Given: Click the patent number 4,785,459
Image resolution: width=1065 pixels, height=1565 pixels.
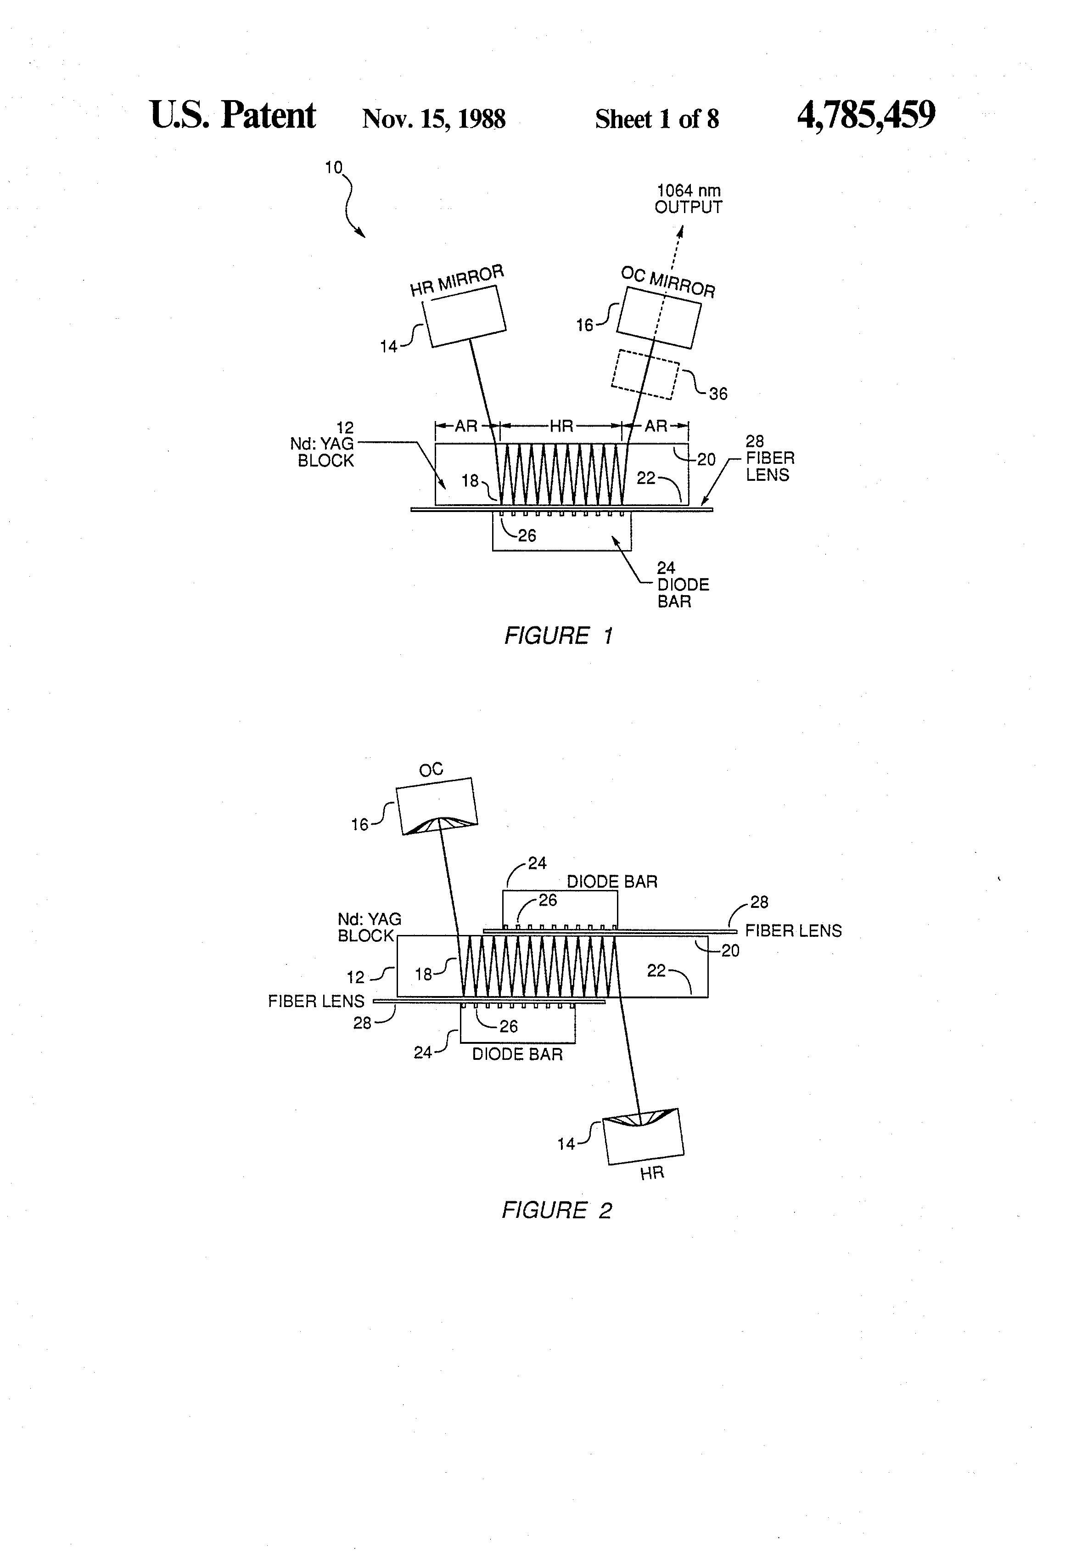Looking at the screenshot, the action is [x=866, y=115].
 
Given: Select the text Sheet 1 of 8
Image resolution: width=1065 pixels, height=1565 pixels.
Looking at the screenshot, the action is [x=657, y=119].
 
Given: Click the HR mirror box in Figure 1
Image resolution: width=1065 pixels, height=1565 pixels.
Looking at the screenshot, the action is [x=464, y=316].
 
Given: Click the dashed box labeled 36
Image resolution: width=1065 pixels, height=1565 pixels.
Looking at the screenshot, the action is [x=645, y=374].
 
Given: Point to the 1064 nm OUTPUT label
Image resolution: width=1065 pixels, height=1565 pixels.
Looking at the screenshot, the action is [x=688, y=199].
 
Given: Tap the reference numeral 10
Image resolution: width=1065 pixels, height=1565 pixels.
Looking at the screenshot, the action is [x=334, y=167].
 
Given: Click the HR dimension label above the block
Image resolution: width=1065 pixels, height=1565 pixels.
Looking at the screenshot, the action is [x=561, y=426].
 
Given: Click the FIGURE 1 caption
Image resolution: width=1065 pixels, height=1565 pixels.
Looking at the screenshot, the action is [x=559, y=636].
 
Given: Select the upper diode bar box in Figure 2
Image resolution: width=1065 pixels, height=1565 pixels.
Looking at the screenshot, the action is [x=560, y=910].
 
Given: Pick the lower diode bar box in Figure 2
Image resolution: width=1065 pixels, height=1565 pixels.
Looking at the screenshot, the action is [x=518, y=1024].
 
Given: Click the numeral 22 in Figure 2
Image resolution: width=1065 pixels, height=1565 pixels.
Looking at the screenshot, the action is [x=656, y=970].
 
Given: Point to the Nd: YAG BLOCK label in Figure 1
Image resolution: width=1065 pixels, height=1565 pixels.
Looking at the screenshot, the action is [x=326, y=445].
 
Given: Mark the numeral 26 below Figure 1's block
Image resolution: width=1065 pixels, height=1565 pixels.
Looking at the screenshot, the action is [x=527, y=535].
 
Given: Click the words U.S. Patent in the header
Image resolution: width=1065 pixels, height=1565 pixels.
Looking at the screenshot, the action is [x=233, y=115].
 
